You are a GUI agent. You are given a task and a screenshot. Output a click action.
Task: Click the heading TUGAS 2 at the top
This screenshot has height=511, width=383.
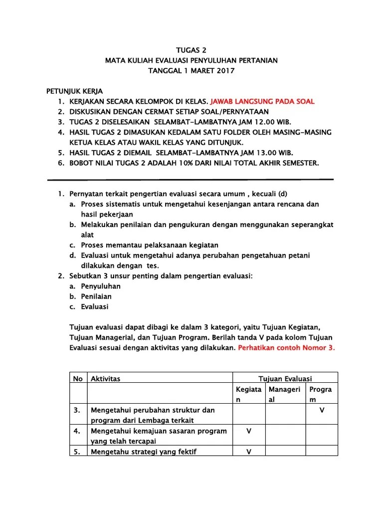[x=191, y=50]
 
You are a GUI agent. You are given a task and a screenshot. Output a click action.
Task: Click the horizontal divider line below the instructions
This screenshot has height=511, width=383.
[x=190, y=179]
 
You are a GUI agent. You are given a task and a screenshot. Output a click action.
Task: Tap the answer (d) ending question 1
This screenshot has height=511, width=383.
[x=283, y=194]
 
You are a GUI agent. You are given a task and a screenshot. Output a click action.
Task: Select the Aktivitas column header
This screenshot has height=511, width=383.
[x=105, y=379]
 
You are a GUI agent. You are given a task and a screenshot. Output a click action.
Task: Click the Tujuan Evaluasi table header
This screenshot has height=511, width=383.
[x=285, y=379]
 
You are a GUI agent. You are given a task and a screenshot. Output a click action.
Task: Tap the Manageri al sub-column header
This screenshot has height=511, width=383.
[x=284, y=394]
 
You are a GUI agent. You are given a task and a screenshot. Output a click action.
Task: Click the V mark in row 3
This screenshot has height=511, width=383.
[x=322, y=410]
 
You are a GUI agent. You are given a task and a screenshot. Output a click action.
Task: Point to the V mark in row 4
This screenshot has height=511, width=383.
[x=248, y=431]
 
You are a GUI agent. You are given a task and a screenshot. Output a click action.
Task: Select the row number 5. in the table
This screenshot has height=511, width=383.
[x=77, y=452]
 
